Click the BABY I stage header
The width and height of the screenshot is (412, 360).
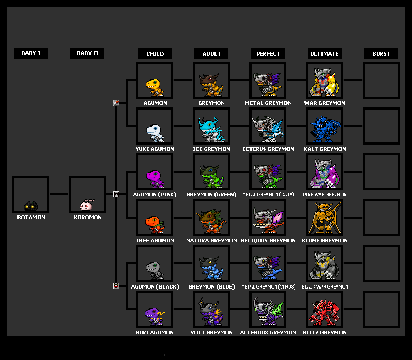point(31,53)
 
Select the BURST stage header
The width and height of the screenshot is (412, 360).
point(381,53)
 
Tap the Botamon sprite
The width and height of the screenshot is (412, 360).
point(31,205)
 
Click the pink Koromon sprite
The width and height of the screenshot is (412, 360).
point(87,205)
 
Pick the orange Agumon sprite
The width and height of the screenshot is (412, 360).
point(154,86)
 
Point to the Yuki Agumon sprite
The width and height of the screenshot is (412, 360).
point(154,132)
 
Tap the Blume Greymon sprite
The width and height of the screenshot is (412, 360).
point(324,219)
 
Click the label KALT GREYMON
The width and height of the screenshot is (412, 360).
point(325,149)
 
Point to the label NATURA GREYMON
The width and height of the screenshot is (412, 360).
point(211,241)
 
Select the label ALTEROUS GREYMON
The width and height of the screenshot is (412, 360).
point(268,333)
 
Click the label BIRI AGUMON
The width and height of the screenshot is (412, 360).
point(155,333)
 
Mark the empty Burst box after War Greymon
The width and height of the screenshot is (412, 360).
point(381,80)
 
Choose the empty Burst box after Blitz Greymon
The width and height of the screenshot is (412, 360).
point(381,309)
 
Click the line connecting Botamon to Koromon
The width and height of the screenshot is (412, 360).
point(59,194)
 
